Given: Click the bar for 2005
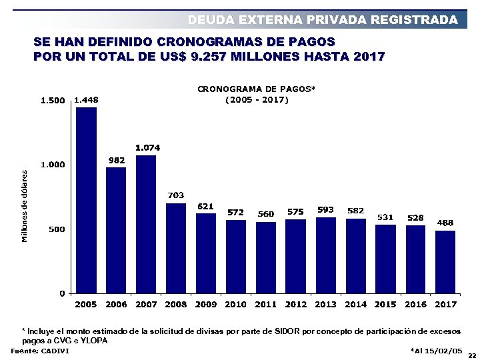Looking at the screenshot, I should (x=86, y=200).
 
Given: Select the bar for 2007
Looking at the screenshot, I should (x=145, y=224).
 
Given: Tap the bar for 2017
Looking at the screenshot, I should (x=445, y=262).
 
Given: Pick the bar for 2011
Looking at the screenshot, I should (x=265, y=257).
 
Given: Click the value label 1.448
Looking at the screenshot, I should (x=86, y=100).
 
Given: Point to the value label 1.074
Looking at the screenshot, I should (x=147, y=147).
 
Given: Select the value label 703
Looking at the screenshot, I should (x=175, y=195).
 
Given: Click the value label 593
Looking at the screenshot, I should (x=325, y=209).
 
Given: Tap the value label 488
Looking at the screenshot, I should (x=445, y=223).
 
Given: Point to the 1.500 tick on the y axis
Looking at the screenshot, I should (x=53, y=101).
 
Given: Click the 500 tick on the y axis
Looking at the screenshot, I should (x=57, y=229).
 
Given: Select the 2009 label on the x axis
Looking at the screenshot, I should (x=206, y=304).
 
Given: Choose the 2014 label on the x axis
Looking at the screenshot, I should (x=355, y=304).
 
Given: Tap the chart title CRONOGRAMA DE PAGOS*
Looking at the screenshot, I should (x=257, y=88).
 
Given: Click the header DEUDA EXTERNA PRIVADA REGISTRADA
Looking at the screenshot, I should (x=323, y=20).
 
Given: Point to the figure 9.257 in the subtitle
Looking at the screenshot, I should (x=210, y=57).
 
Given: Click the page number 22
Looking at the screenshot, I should (x=472, y=355).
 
